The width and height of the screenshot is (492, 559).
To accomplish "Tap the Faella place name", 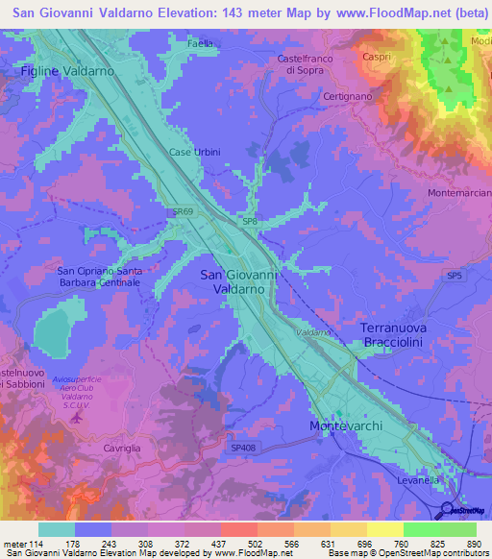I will coord(201,44).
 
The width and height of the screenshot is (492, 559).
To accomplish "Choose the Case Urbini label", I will coord(194,152).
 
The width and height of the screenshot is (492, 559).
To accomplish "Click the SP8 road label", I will coord(249,222).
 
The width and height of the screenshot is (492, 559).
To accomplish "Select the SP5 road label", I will coord(454,276).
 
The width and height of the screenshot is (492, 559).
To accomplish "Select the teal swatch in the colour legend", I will coord(57,529).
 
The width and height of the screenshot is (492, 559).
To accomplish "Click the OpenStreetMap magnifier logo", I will coord(447,510).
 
